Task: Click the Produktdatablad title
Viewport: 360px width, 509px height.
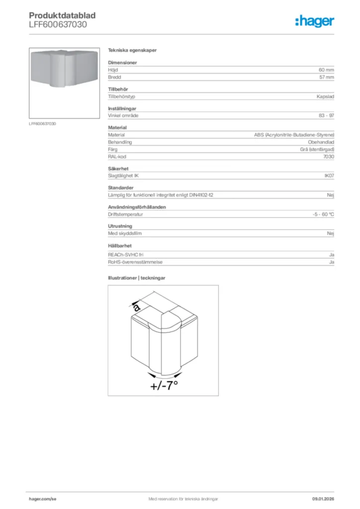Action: click(x=62, y=15)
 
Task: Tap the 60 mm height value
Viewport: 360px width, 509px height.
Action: click(x=326, y=70)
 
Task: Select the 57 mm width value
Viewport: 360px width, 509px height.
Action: click(x=326, y=78)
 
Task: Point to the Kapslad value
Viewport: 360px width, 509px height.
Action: click(x=325, y=96)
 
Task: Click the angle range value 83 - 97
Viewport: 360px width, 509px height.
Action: click(x=326, y=115)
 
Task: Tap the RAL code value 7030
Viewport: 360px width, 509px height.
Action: click(x=328, y=157)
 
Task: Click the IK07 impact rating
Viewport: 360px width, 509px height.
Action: click(x=329, y=176)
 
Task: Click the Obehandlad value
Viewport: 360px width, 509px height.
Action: click(x=321, y=142)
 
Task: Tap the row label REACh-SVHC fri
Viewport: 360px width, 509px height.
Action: click(x=125, y=254)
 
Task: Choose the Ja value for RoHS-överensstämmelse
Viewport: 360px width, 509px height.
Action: click(x=331, y=262)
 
